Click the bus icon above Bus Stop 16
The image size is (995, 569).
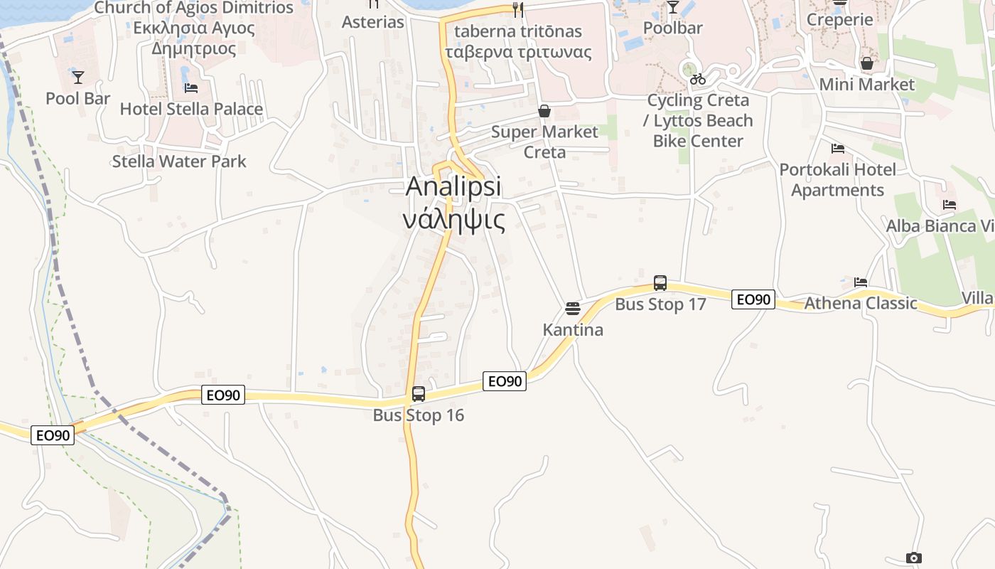419,393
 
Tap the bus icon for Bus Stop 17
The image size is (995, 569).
660,283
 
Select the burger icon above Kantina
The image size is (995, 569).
573,309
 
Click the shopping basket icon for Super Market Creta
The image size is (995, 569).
544,111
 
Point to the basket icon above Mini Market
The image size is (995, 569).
866,63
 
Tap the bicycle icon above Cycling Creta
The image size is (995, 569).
698,79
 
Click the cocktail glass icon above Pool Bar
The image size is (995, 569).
78,77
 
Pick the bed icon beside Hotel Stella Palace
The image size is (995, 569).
190,88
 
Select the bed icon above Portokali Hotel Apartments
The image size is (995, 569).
838,149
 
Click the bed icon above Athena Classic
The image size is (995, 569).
861,282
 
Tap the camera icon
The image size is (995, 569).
914,558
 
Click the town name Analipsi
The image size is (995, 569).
453,187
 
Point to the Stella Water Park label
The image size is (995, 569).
179,161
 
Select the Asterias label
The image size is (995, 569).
373,22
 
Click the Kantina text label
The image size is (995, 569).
573,330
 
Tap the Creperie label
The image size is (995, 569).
839,20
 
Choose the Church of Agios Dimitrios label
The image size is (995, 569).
193,9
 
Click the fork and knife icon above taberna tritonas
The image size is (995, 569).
518,9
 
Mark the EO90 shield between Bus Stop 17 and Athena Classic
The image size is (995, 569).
753,299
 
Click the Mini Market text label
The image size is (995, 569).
867,85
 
